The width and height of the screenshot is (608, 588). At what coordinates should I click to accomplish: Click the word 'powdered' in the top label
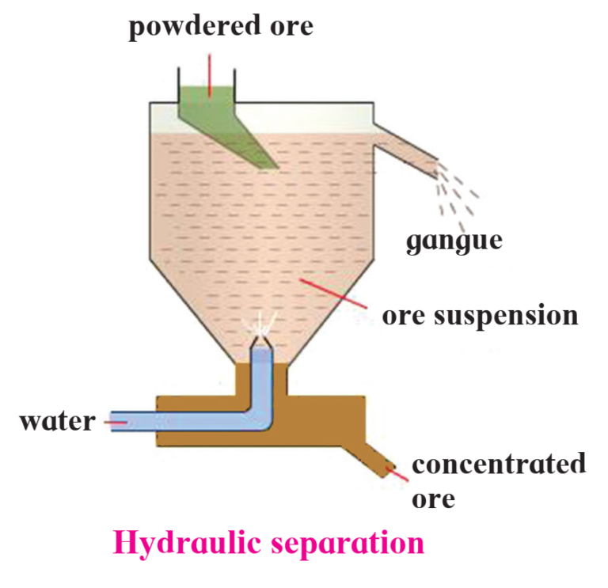(x=194, y=27)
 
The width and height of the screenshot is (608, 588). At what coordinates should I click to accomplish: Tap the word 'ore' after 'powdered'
(x=291, y=27)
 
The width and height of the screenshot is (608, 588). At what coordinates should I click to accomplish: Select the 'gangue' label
(x=454, y=242)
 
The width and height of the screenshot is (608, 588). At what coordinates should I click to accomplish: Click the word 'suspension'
(x=506, y=317)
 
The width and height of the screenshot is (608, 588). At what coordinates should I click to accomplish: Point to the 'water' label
(x=57, y=421)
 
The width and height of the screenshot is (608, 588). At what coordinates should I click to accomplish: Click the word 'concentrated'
(x=499, y=464)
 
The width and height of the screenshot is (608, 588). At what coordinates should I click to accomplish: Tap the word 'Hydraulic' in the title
(x=187, y=543)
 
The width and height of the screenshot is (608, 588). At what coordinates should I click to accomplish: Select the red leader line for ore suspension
(x=333, y=294)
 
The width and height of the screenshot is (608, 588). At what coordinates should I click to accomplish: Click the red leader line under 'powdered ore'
(x=209, y=75)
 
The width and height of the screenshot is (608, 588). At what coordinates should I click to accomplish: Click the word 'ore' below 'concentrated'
(x=434, y=500)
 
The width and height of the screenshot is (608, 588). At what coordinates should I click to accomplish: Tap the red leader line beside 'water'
(x=116, y=422)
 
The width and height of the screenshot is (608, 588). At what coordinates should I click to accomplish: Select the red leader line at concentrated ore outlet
(x=397, y=474)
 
